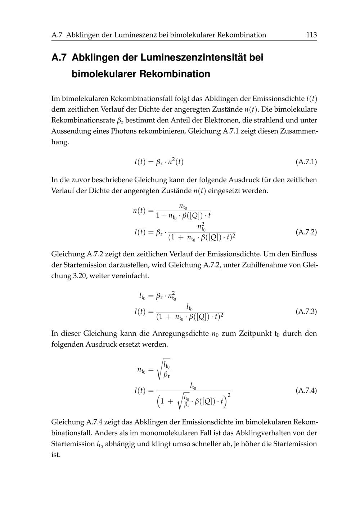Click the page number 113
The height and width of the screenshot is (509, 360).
(x=311, y=35)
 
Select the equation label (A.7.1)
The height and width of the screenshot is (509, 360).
(x=306, y=162)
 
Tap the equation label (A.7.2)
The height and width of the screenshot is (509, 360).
(x=306, y=232)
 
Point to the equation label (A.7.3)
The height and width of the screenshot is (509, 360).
(x=306, y=311)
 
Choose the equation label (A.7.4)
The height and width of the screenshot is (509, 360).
(x=306, y=391)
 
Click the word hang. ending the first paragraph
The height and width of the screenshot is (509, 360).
(x=60, y=142)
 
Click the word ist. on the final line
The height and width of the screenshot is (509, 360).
(x=56, y=454)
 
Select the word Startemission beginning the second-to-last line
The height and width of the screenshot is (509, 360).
(x=73, y=443)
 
